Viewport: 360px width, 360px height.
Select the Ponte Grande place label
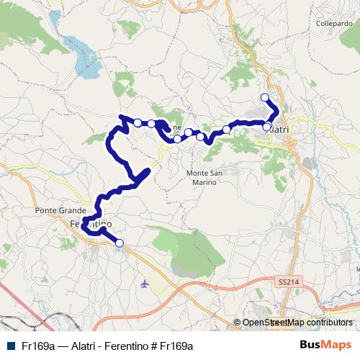pyautogui.click(x=55, y=210)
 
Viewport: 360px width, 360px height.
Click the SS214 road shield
pyautogui.click(x=288, y=284)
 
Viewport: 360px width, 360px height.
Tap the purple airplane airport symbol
pyautogui.click(x=145, y=283)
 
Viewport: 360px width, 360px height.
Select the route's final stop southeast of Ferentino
pyautogui.click(x=120, y=243)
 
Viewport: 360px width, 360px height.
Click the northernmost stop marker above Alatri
pyautogui.click(x=264, y=97)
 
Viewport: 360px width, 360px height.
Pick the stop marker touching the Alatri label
pyautogui.click(x=266, y=127)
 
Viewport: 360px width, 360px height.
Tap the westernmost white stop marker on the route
pyautogui.click(x=138, y=123)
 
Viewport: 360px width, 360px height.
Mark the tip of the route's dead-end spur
pyautogui.click(x=148, y=170)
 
